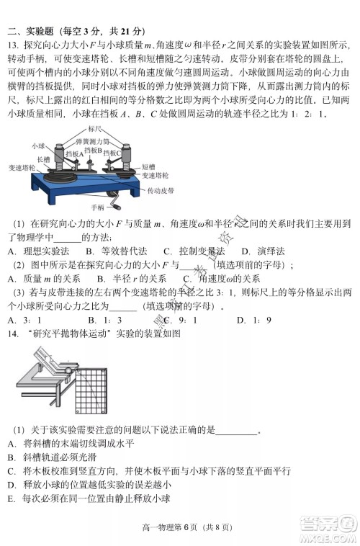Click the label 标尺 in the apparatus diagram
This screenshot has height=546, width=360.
click(93, 128)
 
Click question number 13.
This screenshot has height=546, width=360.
click(12, 45)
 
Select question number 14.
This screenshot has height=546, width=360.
click(12, 333)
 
